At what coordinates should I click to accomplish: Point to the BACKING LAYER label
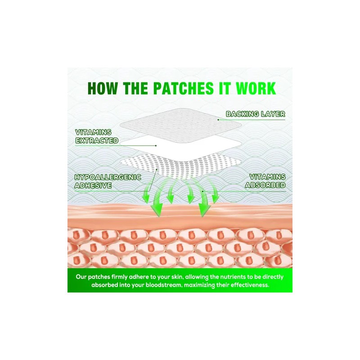pos(256,114)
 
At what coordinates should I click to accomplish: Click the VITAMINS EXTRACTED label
pos(97,136)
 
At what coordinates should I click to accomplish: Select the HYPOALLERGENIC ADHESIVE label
pos(108,181)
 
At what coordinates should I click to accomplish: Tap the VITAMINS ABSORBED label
pos(265,181)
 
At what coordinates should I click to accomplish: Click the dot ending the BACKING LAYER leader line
pos(218,120)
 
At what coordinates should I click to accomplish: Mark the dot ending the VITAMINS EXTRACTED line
pos(156,145)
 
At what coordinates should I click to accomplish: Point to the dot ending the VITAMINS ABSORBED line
pos(203,191)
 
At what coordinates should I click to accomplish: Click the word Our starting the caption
pos(81,277)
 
